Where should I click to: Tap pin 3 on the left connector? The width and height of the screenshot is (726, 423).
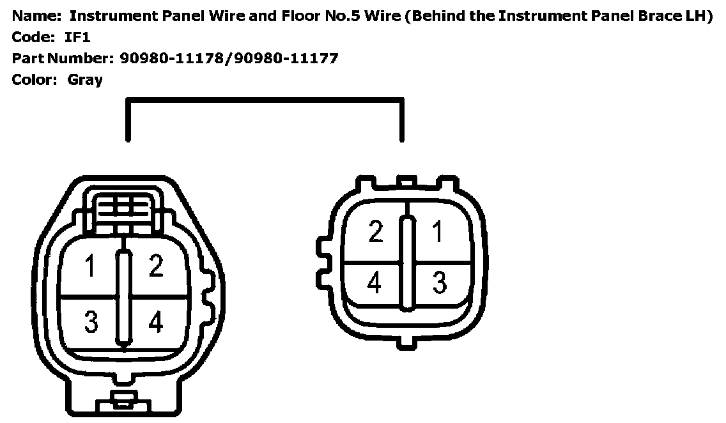91,323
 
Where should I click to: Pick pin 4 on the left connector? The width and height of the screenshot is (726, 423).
155,323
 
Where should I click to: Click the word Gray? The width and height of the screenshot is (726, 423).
84,80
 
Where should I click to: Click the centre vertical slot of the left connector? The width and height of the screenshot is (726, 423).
123,297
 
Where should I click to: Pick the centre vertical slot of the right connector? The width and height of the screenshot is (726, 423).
406,263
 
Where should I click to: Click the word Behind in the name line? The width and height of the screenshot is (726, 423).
441,16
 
